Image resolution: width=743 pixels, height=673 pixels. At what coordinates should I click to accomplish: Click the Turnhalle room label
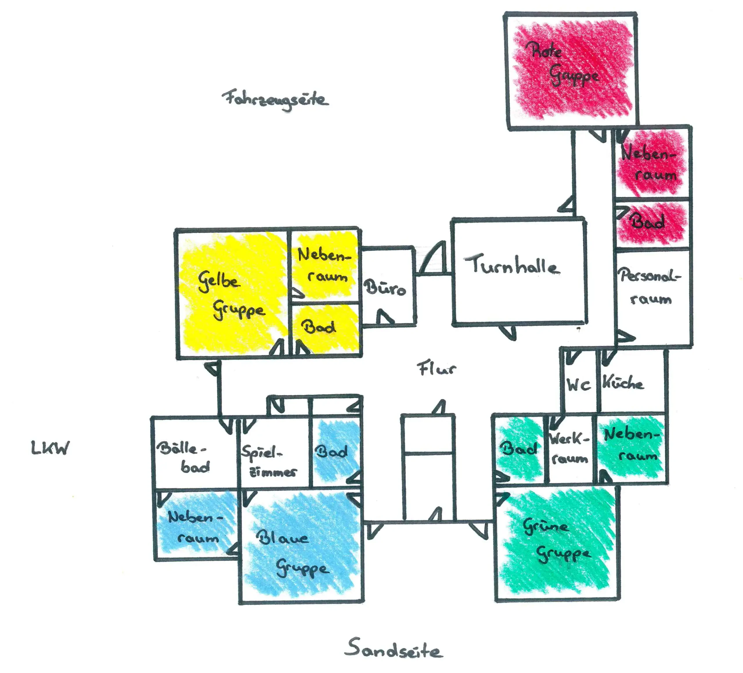tap(512, 265)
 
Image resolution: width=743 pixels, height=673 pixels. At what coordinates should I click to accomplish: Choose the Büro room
tap(385, 287)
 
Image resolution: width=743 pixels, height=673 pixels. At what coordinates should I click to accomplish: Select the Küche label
tap(623, 383)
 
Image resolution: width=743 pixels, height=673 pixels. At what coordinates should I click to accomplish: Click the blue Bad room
tap(332, 452)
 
